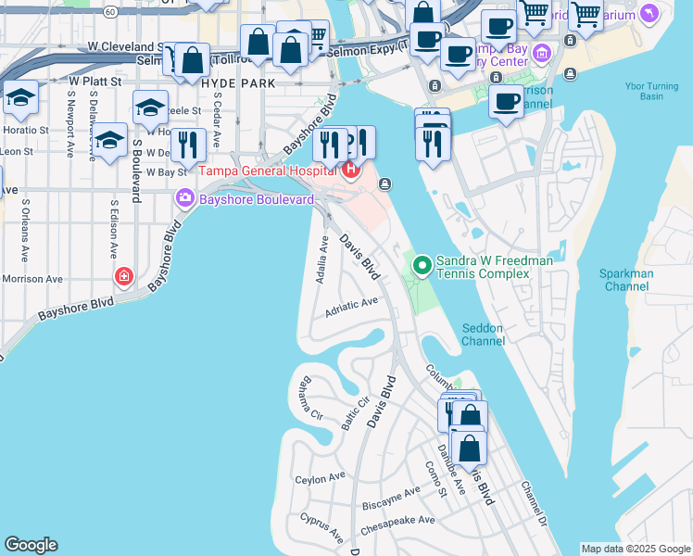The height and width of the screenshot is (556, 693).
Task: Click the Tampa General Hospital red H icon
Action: [x=350, y=170]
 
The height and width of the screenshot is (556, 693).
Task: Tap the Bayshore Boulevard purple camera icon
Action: [x=184, y=197]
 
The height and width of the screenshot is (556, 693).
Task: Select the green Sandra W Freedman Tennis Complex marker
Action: [x=422, y=266]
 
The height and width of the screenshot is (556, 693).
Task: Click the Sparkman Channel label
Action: [x=626, y=280]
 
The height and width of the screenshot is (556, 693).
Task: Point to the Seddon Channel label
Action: [x=484, y=334]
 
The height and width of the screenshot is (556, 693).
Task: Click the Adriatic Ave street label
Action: [x=351, y=307]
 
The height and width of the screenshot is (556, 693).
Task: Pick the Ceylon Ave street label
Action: [x=320, y=479]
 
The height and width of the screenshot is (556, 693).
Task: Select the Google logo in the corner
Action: [x=31, y=545]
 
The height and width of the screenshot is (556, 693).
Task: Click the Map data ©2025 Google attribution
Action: [x=636, y=549]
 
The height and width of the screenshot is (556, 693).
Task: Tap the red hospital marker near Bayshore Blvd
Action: [x=124, y=276]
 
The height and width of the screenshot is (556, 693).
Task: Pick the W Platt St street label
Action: [x=95, y=82]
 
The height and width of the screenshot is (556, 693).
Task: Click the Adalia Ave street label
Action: [x=323, y=260]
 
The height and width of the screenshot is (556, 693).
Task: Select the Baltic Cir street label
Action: [x=349, y=414]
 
